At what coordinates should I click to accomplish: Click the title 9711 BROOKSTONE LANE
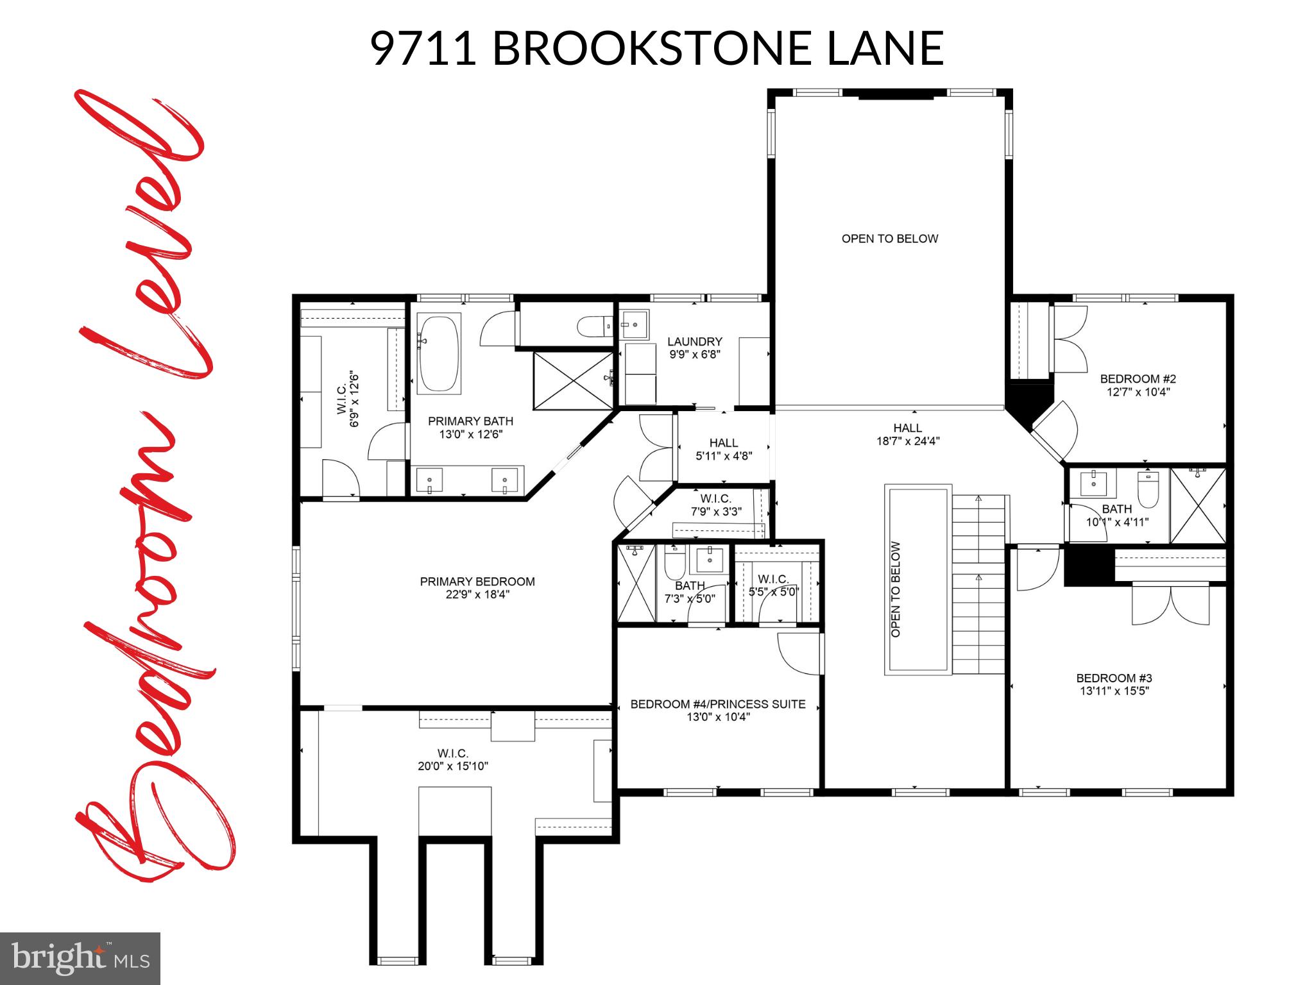pos(656,48)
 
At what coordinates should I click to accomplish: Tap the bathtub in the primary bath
pos(439,353)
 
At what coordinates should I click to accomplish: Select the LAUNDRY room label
pos(694,342)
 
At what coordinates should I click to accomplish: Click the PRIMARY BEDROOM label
pos(477,582)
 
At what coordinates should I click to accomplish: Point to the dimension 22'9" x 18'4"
pos(477,595)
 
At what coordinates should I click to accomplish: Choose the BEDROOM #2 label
pos(1138,379)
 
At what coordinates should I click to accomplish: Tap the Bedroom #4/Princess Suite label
pos(718,704)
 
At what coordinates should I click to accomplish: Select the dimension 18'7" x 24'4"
pos(907,441)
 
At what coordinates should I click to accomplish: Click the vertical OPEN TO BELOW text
pos(896,589)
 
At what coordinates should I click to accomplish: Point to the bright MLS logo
pos(80,959)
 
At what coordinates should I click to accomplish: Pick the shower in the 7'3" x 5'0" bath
pos(636,583)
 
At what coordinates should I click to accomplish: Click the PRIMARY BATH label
pos(470,421)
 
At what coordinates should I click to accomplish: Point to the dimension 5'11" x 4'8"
pos(724,457)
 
